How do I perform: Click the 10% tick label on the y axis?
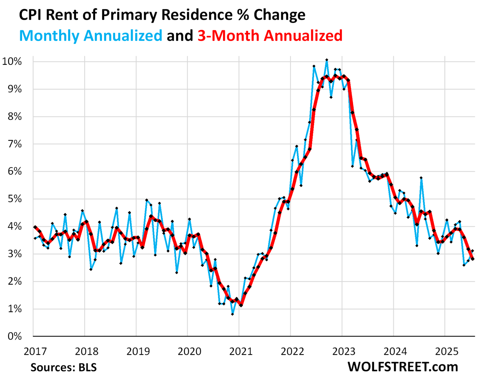[12, 61]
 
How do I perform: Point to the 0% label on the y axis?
[14, 336]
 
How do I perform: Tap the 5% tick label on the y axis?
[14, 199]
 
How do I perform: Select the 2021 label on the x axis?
[241, 351]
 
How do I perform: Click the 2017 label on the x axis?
[35, 351]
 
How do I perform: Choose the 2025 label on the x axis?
[447, 351]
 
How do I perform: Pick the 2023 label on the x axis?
[344, 351]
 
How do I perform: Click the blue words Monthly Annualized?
[91, 36]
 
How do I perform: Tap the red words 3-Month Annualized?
[270, 36]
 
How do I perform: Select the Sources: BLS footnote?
[64, 368]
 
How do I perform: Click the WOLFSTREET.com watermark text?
[403, 367]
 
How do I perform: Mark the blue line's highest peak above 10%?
[327, 59]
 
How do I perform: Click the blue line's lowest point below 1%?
[232, 314]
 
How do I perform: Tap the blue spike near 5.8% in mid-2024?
[421, 178]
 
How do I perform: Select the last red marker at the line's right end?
[472, 259]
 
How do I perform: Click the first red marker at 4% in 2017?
[35, 227]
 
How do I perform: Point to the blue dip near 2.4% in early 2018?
[91, 269]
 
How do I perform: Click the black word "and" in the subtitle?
[180, 36]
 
